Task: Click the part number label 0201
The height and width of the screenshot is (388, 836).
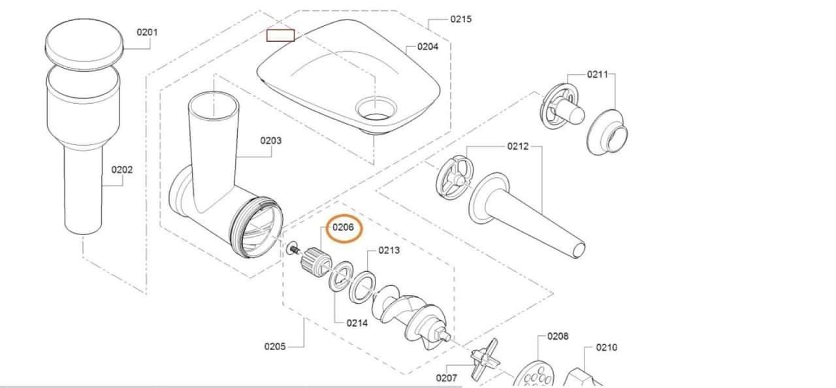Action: pyautogui.click(x=146, y=32)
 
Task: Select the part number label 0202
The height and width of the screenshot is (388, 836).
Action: pyautogui.click(x=121, y=170)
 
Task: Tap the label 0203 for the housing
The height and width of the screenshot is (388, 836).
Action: pyautogui.click(x=270, y=140)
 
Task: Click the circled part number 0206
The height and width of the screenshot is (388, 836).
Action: pyautogui.click(x=343, y=227)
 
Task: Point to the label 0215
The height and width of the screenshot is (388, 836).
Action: pyautogui.click(x=461, y=19)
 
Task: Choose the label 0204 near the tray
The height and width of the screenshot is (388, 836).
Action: pyautogui.click(x=428, y=46)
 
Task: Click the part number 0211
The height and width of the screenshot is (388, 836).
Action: pyautogui.click(x=597, y=74)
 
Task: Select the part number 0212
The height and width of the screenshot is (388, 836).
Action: pyautogui.click(x=518, y=146)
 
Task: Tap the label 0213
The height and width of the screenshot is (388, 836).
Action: pyautogui.click(x=389, y=250)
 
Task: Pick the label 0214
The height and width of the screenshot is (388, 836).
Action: pyautogui.click(x=357, y=323)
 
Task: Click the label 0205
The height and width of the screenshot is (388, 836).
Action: pyautogui.click(x=275, y=346)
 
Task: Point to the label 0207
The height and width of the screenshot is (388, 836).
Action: pyautogui.click(x=447, y=377)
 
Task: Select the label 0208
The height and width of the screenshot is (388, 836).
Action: pyautogui.click(x=558, y=336)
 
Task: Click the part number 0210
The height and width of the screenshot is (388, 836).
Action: pyautogui.click(x=606, y=348)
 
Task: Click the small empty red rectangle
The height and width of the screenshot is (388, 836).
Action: pyautogui.click(x=280, y=35)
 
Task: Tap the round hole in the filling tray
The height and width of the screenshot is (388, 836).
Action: pyautogui.click(x=376, y=108)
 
